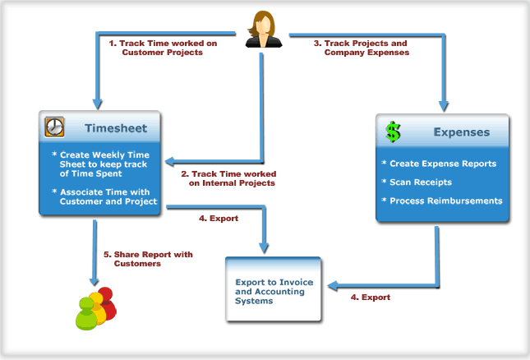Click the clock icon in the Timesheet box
coord(54,127)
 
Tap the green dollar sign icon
coord(393,132)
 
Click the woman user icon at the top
coord(263,29)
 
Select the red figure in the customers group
coord(107,302)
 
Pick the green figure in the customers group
coord(86,314)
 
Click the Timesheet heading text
coord(116,128)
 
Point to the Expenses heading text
coord(462,132)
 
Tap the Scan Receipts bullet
coord(417,182)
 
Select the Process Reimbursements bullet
coord(442,201)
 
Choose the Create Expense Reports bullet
coord(439,164)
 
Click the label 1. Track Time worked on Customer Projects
coord(163,48)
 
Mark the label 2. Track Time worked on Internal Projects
coord(228,178)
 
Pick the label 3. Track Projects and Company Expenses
coord(362,48)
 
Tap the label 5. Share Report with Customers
coord(148,259)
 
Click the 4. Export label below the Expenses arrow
coord(371,298)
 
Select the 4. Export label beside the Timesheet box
coord(219,219)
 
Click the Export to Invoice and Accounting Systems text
coord(274,292)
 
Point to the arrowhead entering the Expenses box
coord(444,107)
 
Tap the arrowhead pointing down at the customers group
coord(94,281)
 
